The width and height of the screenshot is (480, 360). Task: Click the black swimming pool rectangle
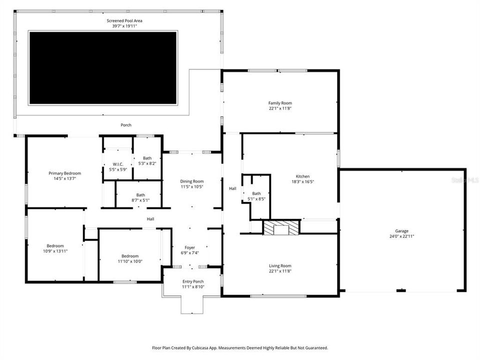tap(102, 67)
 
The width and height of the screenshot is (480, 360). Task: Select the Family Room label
tap(280, 103)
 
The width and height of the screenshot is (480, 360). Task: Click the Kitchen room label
tap(302, 176)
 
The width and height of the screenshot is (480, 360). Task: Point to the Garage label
tap(402, 231)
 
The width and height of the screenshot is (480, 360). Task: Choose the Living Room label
tap(280, 266)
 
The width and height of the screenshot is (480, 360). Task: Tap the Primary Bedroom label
tap(64, 173)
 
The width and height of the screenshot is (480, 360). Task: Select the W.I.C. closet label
tap(118, 164)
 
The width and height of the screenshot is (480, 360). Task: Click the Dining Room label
tap(192, 181)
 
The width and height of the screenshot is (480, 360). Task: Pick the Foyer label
tap(190, 247)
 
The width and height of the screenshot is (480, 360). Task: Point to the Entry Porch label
tap(193, 281)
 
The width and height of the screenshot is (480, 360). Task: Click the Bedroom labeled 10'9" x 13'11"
tap(55, 245)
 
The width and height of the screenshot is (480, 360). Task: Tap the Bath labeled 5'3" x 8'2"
tap(147, 158)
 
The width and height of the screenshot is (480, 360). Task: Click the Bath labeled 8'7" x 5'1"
tap(140, 195)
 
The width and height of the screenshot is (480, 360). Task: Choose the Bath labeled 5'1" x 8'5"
tap(256, 193)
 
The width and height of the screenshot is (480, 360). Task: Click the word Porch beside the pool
tap(126, 125)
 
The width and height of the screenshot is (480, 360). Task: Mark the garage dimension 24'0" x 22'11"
tap(402, 236)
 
